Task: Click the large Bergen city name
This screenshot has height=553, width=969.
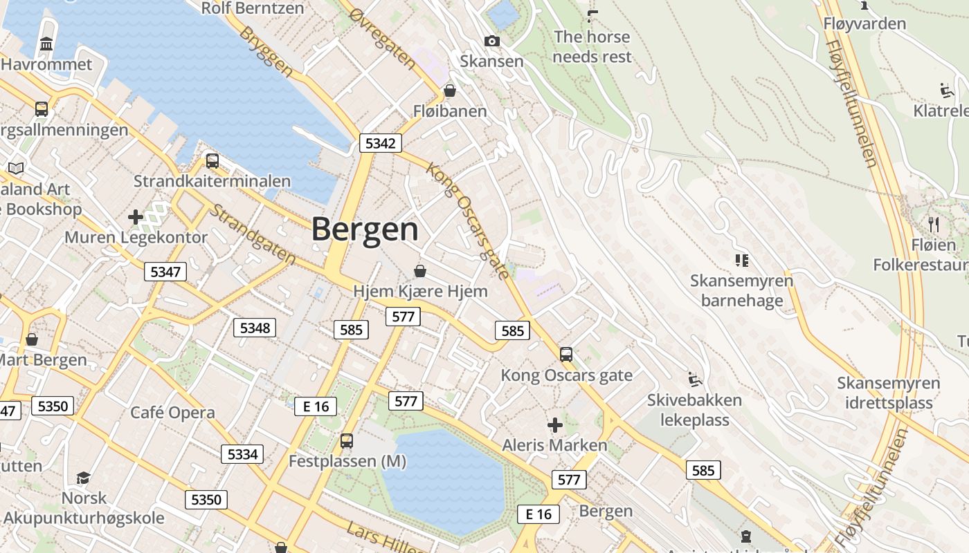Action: pos(365,229)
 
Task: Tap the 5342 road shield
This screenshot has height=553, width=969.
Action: pos(381,143)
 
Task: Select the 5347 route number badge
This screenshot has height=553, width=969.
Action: pos(165,272)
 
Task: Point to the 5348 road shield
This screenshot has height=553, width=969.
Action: pos(255,327)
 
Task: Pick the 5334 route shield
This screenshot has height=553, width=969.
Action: pos(242,454)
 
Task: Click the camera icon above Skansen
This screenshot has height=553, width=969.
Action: pos(492,41)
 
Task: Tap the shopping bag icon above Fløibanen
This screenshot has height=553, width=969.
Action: pos(450,91)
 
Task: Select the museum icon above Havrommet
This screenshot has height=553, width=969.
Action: pos(46,45)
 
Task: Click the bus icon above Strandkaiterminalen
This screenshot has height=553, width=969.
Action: pos(212,161)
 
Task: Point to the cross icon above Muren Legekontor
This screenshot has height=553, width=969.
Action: pos(136,217)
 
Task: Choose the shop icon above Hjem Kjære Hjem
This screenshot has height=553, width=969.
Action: pos(420,271)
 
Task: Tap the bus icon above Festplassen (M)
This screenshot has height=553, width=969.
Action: pos(347,440)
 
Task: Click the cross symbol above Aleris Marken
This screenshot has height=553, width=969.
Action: pos(554,425)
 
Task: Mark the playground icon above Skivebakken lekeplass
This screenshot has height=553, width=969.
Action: pos(694,379)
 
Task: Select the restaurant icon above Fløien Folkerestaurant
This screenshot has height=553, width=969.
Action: pos(934,224)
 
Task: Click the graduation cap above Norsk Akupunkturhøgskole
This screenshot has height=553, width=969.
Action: pos(84,478)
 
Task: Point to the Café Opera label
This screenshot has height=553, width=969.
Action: pos(173,413)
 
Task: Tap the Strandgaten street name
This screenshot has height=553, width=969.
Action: pos(253,234)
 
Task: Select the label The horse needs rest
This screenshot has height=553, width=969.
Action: pos(592,46)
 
